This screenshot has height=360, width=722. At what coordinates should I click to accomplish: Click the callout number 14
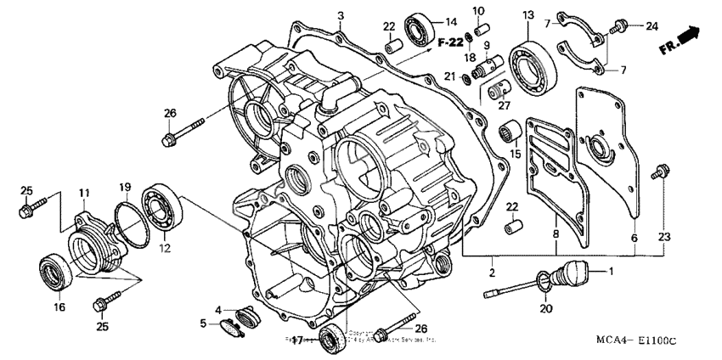point(451,22)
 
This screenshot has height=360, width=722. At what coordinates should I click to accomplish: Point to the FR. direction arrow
point(682,39)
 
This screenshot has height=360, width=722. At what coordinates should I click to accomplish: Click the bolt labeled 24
point(622,25)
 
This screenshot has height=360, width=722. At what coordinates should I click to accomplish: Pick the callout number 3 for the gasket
point(340,15)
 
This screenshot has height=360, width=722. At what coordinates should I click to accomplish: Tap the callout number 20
point(544,309)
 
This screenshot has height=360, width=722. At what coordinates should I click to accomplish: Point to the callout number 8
point(556,233)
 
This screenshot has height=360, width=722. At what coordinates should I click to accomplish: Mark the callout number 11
point(85,194)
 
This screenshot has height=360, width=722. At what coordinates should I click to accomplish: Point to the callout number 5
point(204,323)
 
